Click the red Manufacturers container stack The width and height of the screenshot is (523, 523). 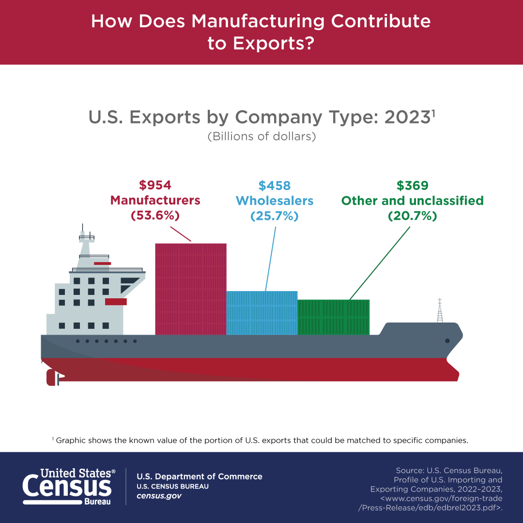click(x=190, y=289)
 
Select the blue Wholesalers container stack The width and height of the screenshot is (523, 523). click(x=261, y=313)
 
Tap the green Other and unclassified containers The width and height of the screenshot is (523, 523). click(x=333, y=317)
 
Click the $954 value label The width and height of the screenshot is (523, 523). click(x=155, y=185)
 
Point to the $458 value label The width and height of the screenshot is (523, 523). click(x=274, y=185)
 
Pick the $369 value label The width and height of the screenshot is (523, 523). click(x=413, y=185)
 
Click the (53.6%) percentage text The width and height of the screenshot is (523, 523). click(x=155, y=216)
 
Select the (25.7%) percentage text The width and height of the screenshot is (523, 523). click(x=274, y=216)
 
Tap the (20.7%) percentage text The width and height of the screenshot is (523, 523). click(x=413, y=216)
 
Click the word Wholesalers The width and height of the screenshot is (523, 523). click(x=274, y=200)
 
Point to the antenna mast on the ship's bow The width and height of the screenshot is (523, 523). click(x=440, y=311)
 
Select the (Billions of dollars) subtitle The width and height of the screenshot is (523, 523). click(x=261, y=137)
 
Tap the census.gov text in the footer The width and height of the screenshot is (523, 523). click(x=159, y=496)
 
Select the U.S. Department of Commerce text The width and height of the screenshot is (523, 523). click(x=200, y=477)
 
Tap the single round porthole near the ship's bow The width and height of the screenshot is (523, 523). click(x=447, y=341)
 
